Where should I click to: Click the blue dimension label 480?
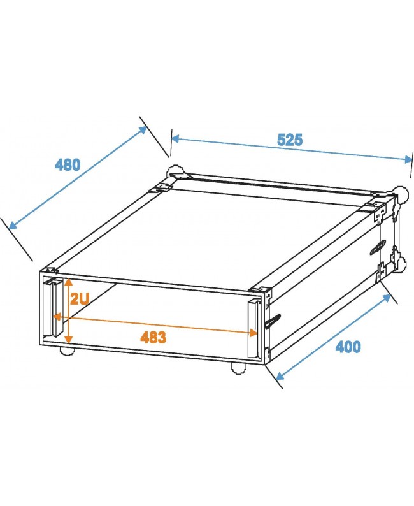68,164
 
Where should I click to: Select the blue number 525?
289,140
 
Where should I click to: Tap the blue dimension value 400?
348,347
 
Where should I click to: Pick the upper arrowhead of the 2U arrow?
69,281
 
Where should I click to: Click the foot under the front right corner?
237,366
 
